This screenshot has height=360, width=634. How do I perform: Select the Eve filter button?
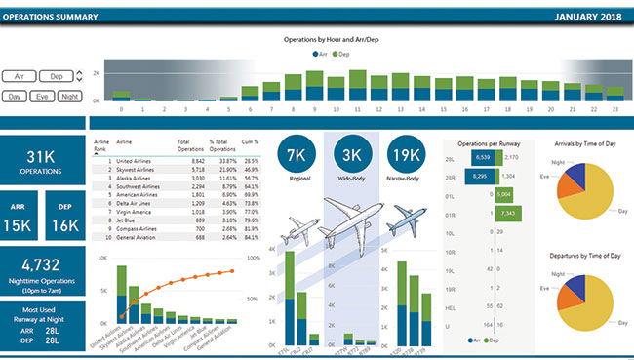42,97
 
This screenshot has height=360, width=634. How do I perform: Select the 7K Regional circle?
298,156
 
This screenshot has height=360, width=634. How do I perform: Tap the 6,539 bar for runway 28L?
482,156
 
